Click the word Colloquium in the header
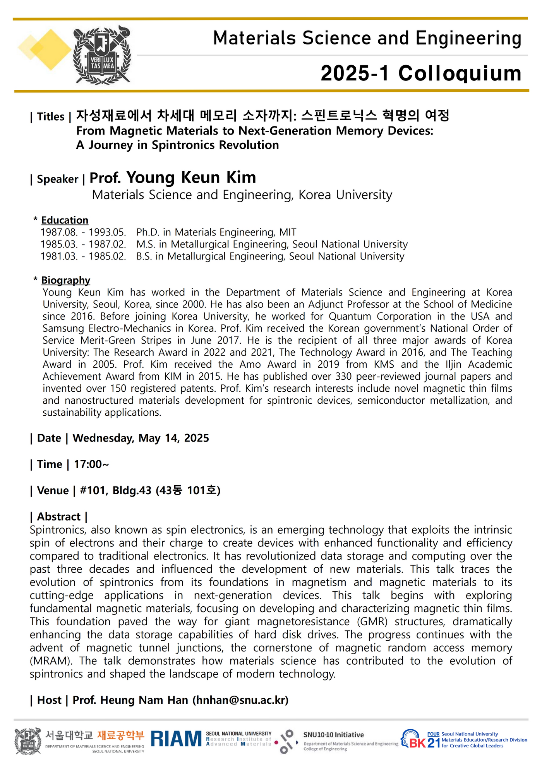(460, 73)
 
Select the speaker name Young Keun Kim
(191, 177)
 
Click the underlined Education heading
(65, 220)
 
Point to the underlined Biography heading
(66, 280)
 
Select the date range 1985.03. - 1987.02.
(83, 244)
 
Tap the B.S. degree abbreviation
(144, 256)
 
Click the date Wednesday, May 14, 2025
(141, 438)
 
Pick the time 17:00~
(91, 464)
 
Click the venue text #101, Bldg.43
(115, 490)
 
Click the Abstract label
(59, 517)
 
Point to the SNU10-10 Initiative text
(333, 735)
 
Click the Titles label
(51, 116)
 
